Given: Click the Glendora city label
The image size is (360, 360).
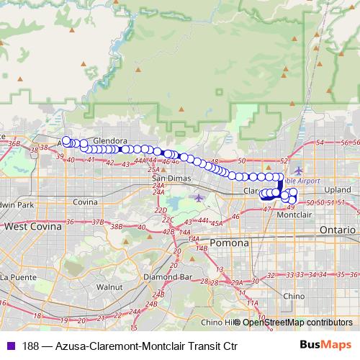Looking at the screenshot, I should click(110, 141).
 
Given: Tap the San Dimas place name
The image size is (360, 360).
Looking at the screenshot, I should click(168, 179).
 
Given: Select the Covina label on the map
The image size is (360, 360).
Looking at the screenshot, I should click(85, 203).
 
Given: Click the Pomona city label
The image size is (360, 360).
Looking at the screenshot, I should click(230, 243).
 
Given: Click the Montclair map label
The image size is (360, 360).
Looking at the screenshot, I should click(294, 215).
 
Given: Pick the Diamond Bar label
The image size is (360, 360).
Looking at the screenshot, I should click(166, 276).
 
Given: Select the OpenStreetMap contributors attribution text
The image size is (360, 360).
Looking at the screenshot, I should click(297, 323).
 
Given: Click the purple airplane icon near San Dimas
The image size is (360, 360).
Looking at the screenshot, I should click(199, 197).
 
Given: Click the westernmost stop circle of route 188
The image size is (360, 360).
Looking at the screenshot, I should click(66, 141).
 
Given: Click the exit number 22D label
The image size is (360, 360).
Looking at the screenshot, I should click(161, 210).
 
